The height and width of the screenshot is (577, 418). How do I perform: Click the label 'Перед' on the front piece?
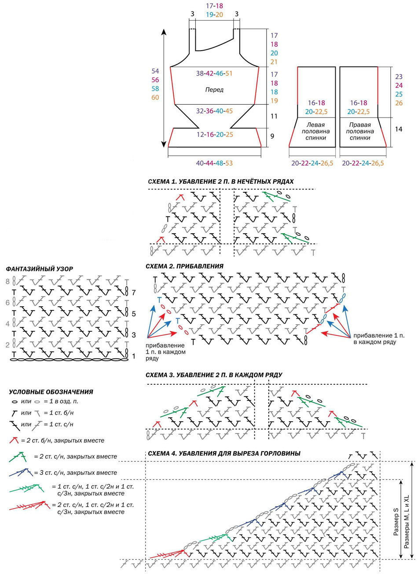pyautogui.click(x=214, y=90)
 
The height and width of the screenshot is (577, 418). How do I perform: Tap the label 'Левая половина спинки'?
pyautogui.click(x=316, y=131)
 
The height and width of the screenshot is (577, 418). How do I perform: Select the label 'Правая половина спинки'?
pyautogui.click(x=360, y=131)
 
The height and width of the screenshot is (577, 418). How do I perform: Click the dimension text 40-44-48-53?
pyautogui.click(x=214, y=163)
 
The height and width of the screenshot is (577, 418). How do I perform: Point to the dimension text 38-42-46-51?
pyautogui.click(x=214, y=74)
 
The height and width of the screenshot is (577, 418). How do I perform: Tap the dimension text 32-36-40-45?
pyautogui.click(x=214, y=111)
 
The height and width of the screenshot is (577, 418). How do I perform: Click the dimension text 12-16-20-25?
pyautogui.click(x=214, y=135)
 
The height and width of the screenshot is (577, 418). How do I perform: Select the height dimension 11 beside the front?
pyautogui.click(x=274, y=116)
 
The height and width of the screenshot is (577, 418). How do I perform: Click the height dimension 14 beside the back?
pyautogui.click(x=399, y=129)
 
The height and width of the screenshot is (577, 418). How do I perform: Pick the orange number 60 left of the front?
pyautogui.click(x=155, y=97)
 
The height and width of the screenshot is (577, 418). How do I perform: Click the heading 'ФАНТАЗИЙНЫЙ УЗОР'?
pyautogui.click(x=40, y=269)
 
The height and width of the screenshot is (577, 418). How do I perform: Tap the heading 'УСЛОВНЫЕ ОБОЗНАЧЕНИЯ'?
pyautogui.click(x=51, y=392)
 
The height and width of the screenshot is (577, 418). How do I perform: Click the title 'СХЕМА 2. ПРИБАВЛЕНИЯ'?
pyautogui.click(x=184, y=266)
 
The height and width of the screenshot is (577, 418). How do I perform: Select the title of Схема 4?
pyautogui.click(x=224, y=453)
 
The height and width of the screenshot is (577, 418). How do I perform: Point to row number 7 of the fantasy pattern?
pyautogui.click(x=134, y=293)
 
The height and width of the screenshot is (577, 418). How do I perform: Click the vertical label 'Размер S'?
pyautogui.click(x=396, y=522)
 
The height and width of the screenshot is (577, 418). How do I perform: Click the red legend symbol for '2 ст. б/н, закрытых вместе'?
pyautogui.click(x=14, y=441)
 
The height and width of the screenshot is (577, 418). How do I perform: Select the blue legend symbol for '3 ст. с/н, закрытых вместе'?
pyautogui.click(x=21, y=472)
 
